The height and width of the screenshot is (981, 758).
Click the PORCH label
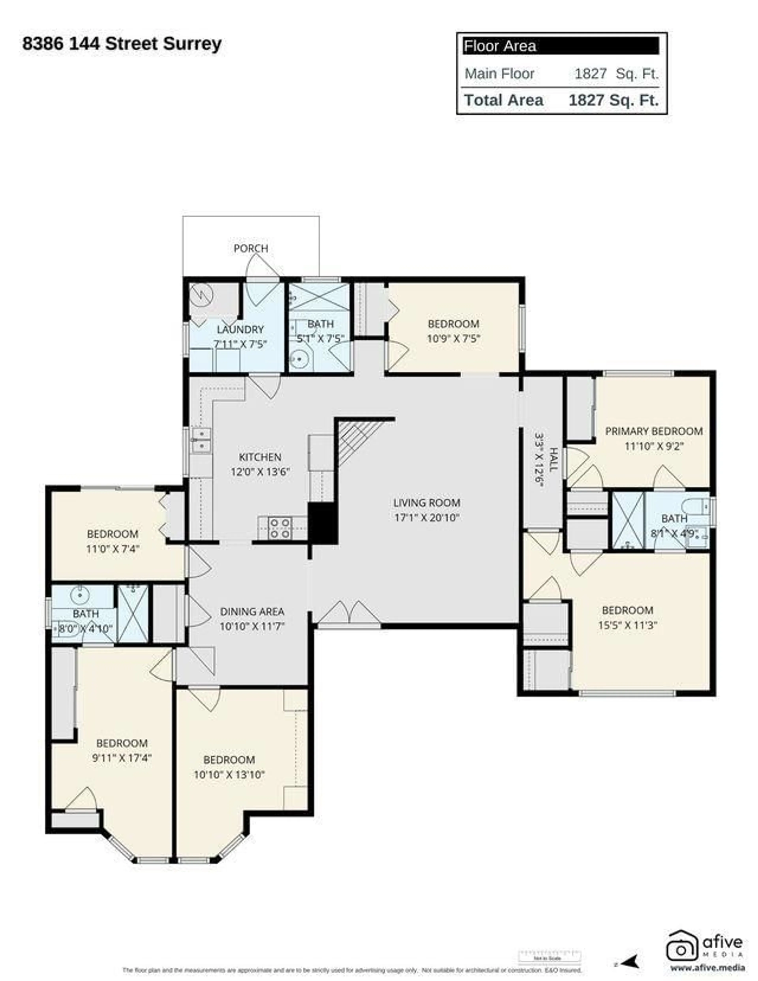pos(250,248)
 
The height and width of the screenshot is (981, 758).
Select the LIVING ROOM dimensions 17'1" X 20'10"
pos(427,517)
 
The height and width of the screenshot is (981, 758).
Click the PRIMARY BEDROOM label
pos(654,431)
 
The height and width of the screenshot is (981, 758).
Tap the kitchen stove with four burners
pos(279,528)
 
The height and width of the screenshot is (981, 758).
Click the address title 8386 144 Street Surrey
pos(122,44)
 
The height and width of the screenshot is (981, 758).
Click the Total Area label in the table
pos(503,100)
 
